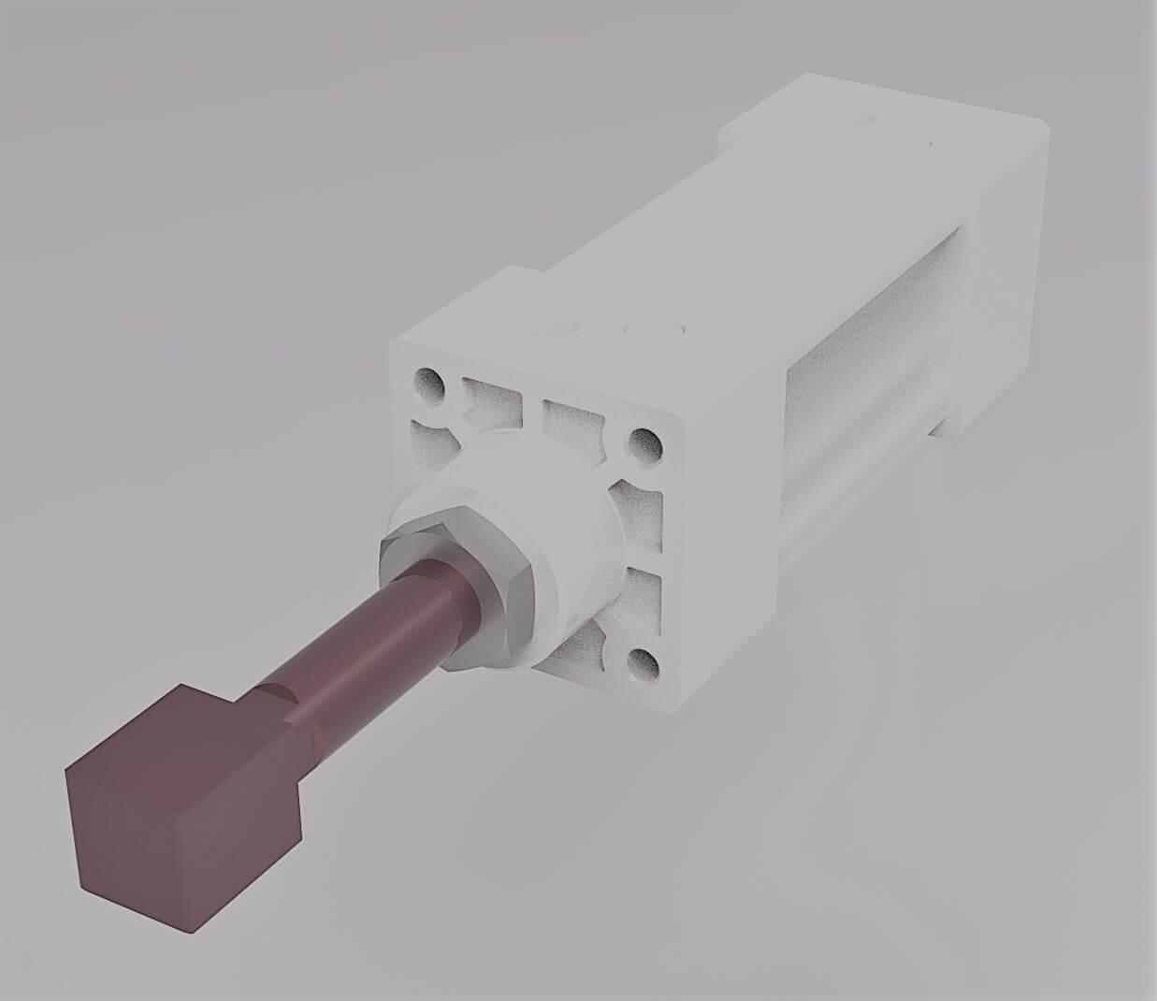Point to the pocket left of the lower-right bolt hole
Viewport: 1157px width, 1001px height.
click(x=580, y=646)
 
